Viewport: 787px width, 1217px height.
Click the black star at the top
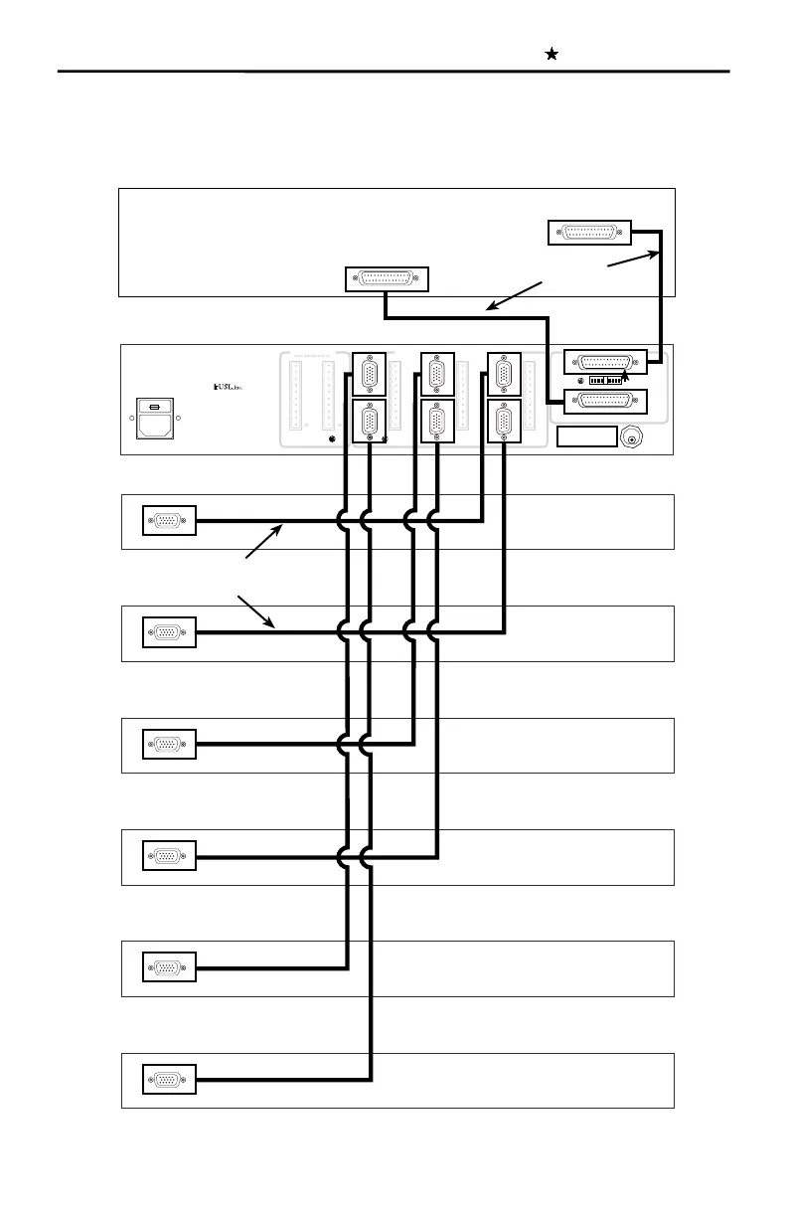(x=551, y=55)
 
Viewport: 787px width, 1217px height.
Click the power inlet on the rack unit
(x=155, y=420)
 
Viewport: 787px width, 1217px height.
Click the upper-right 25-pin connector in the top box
(x=589, y=232)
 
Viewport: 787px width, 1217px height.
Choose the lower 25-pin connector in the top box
(x=387, y=279)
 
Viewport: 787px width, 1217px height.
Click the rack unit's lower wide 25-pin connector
(x=605, y=402)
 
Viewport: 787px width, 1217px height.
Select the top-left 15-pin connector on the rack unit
(x=370, y=375)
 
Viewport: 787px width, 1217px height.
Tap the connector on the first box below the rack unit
(x=170, y=520)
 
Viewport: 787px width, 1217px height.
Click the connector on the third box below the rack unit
(x=170, y=744)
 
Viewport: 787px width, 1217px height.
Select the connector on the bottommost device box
(x=170, y=1079)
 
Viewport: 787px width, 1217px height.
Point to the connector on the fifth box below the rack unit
(x=170, y=966)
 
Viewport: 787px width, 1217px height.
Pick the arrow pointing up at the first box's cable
(x=265, y=542)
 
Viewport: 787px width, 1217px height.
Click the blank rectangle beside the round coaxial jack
(x=587, y=437)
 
